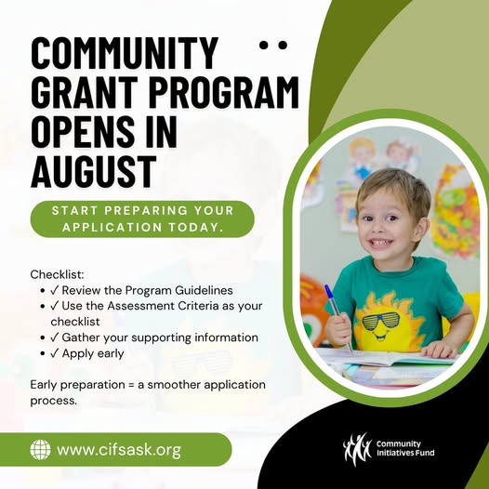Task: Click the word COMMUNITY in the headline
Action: pos(124,53)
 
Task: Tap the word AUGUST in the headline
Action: pos(94,171)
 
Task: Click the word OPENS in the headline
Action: pos(83,132)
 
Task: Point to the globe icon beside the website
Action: pos(40,449)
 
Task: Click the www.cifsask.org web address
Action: pos(119,450)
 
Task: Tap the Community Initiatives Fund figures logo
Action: pos(357,448)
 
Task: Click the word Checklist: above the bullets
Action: pos(58,275)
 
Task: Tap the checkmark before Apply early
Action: pos(54,353)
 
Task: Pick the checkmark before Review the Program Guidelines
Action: pos(54,290)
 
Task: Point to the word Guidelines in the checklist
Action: pos(204,290)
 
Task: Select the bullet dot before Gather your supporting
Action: pos(43,337)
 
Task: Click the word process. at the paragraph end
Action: pos(53,402)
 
